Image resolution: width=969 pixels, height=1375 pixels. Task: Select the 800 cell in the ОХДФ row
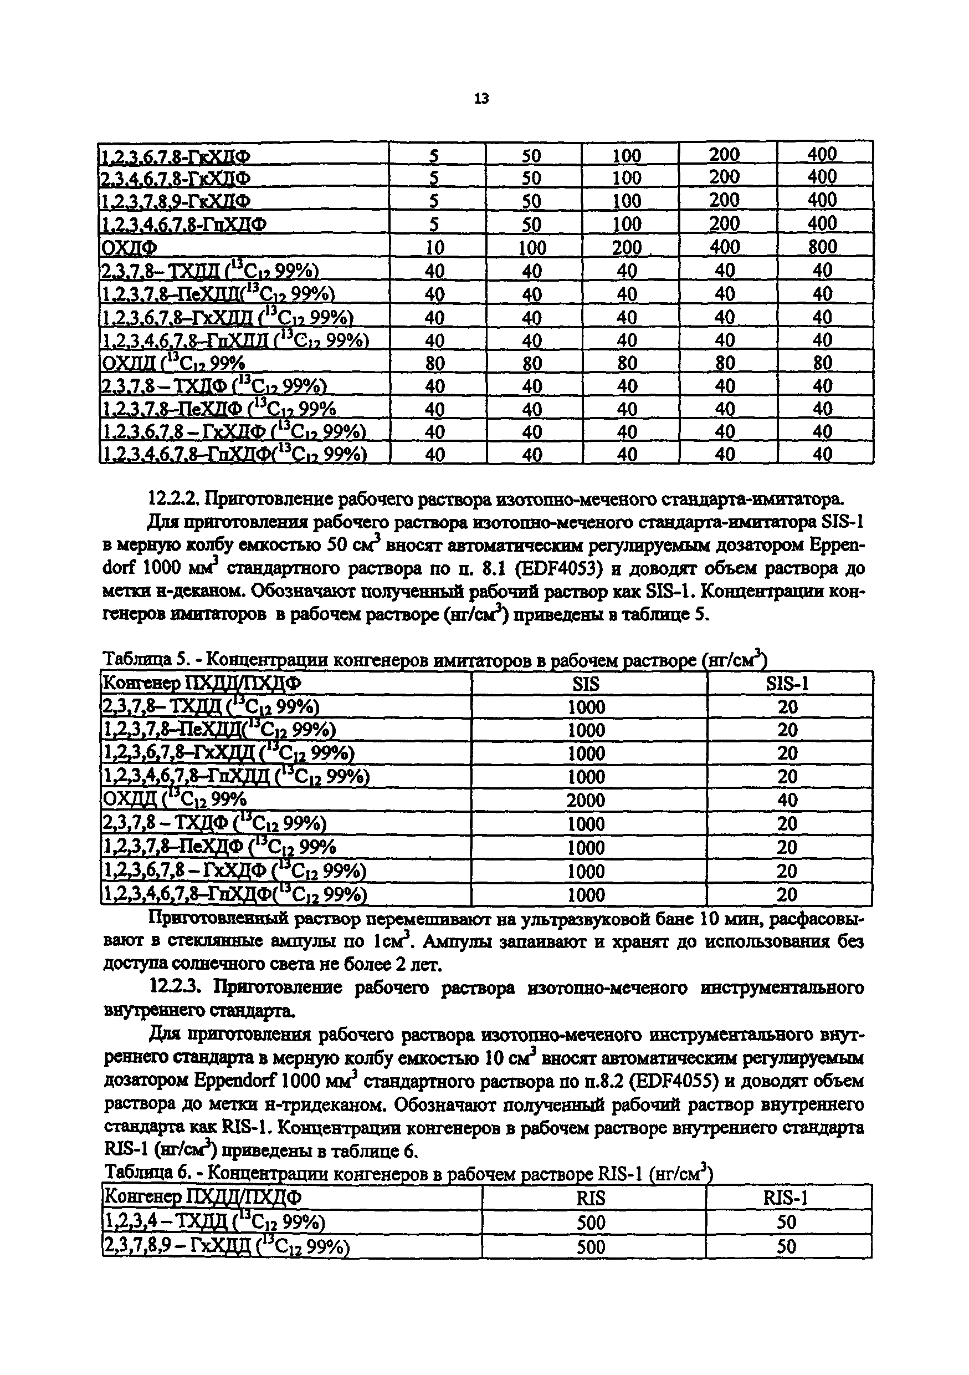click(x=822, y=247)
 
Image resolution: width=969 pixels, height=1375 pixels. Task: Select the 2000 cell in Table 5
click(x=586, y=800)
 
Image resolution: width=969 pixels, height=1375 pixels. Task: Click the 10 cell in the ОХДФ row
click(x=434, y=247)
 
